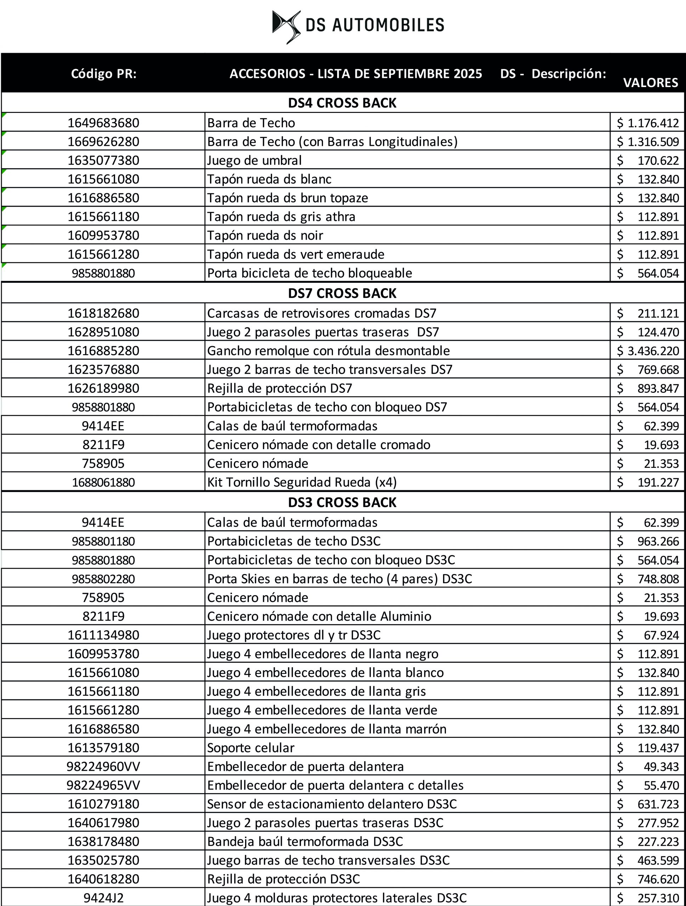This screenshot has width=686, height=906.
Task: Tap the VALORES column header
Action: tap(650, 83)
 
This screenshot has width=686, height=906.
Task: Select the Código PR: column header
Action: tap(104, 74)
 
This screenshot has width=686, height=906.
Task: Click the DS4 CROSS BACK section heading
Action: tap(342, 103)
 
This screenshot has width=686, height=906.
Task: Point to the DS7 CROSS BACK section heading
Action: tap(342, 293)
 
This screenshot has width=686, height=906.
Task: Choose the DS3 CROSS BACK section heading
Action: tap(342, 502)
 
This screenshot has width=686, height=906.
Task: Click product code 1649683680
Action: tap(103, 123)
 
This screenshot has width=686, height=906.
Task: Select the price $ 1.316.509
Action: tap(648, 142)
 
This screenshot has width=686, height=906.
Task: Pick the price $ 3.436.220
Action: tap(648, 351)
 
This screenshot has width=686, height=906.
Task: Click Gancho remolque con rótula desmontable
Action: tap(328, 351)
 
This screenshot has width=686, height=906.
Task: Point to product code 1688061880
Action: tap(103, 482)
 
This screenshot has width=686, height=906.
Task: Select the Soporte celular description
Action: tap(250, 748)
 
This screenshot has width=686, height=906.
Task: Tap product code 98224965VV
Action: tap(103, 786)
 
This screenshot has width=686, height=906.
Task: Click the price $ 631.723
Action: tap(648, 804)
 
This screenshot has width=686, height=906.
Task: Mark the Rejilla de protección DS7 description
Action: tap(279, 388)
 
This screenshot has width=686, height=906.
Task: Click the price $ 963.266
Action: tap(648, 541)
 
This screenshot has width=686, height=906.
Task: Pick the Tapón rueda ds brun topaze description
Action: tap(287, 198)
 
